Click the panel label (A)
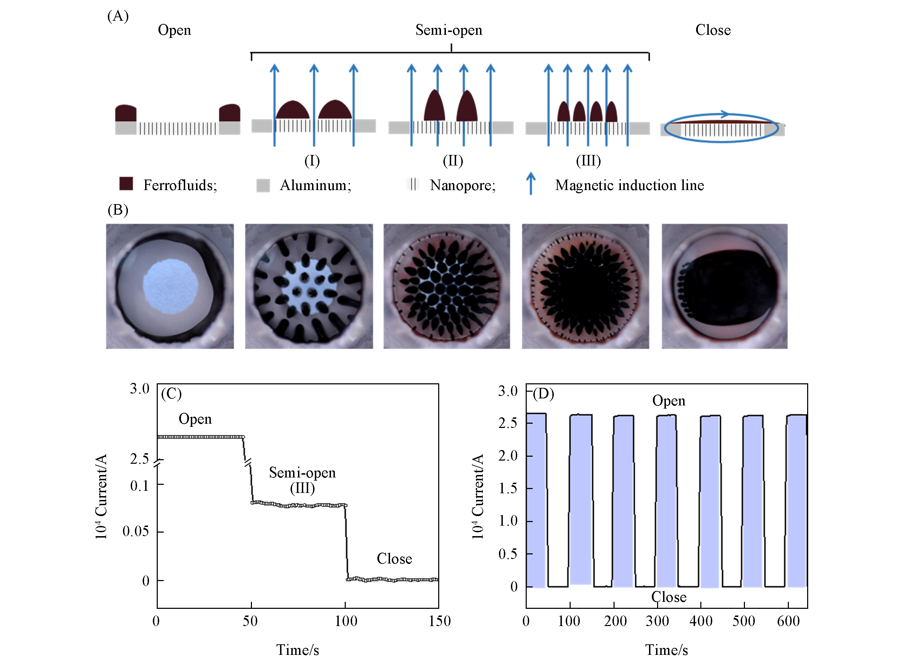[118, 16]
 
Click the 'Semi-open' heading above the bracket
[449, 30]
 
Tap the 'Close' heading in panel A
[713, 30]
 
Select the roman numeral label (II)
[453, 161]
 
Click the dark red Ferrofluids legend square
[126, 183]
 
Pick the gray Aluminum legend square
[263, 185]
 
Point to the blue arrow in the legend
[531, 183]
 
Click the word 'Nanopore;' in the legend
[463, 185]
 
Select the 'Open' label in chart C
[195, 419]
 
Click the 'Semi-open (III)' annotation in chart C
[302, 480]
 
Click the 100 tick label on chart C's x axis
[346, 621]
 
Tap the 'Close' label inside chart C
[394, 559]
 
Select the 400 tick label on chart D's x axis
[701, 621]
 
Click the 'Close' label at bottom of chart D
[668, 597]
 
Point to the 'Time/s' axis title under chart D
[666, 650]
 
